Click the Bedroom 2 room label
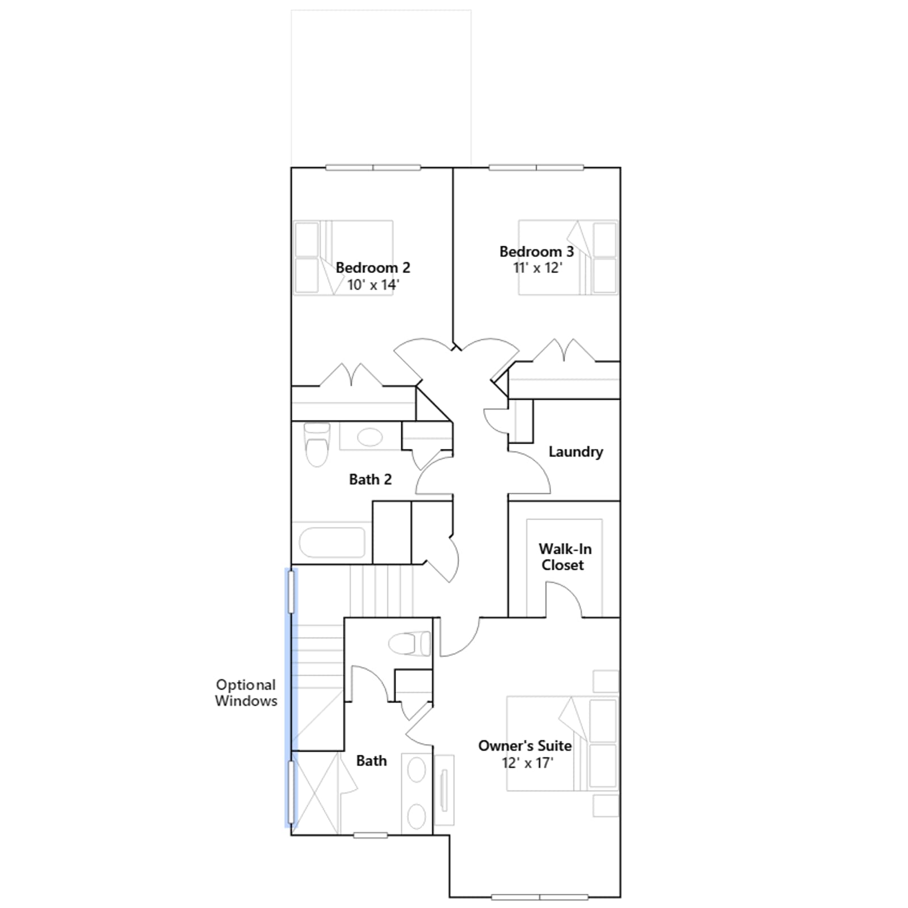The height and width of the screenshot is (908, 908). (373, 267)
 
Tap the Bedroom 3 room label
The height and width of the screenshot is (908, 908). (536, 251)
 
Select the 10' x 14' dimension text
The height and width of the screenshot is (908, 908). (373, 284)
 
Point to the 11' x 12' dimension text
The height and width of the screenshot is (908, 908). (537, 267)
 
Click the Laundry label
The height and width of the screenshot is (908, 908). (575, 452)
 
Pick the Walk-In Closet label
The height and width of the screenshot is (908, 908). (565, 557)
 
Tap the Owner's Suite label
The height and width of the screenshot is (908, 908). (525, 746)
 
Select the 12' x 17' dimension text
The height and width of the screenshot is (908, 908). (527, 763)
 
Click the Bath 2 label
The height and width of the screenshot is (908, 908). (370, 480)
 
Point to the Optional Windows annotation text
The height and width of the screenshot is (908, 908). (246, 693)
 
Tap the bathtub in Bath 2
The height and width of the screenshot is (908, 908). (332, 543)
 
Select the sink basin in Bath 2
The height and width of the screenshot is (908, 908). (369, 437)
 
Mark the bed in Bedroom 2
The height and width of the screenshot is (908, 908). (343, 258)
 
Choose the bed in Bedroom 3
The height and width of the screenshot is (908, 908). (568, 258)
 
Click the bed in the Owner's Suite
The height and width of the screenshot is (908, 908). (562, 743)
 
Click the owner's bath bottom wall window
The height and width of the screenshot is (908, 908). (371, 835)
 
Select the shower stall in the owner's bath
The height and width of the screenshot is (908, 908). (316, 793)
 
